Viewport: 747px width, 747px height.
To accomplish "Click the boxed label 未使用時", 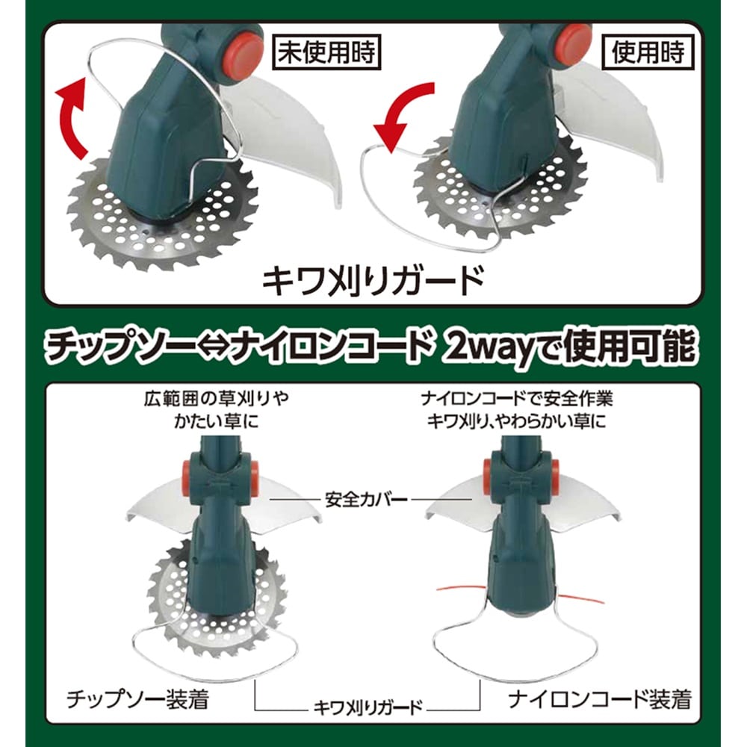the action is [x=326, y=52].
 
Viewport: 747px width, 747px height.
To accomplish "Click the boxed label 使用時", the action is [x=648, y=52].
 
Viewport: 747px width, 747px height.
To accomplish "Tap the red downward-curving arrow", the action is [x=403, y=116].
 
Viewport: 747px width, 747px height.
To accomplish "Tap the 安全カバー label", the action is [x=366, y=500].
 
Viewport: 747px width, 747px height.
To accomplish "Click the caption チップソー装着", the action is [x=137, y=699].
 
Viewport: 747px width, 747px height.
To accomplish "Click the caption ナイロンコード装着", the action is [x=599, y=699].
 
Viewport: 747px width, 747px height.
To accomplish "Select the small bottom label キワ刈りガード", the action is [x=368, y=707].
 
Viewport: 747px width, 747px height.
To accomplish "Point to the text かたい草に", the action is [x=216, y=421].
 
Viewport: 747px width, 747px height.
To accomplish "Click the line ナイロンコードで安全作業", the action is [x=517, y=398].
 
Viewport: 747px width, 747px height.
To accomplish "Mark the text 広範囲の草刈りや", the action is [x=216, y=398].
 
